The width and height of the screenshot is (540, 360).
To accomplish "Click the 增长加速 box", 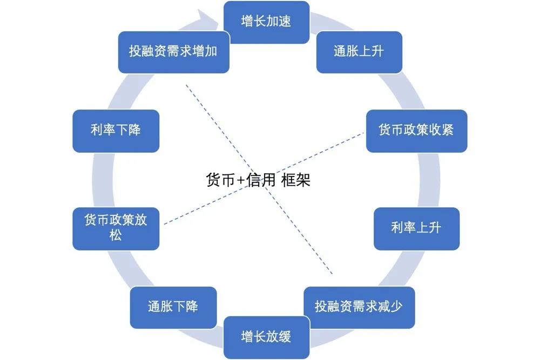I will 266,22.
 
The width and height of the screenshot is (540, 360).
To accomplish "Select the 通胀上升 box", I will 359,52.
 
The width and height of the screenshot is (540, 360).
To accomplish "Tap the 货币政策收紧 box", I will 416,131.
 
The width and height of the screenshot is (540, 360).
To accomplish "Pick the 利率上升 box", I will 416,228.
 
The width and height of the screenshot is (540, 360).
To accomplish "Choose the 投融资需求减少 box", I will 359,307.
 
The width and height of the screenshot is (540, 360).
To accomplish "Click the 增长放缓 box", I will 266,337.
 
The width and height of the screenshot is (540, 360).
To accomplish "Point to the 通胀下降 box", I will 173,307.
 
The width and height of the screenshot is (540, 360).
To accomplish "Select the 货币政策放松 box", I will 116,228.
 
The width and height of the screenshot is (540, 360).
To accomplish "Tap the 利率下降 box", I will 116,131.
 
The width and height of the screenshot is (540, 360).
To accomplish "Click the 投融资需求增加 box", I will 173,52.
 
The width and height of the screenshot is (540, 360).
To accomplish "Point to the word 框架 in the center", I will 296,180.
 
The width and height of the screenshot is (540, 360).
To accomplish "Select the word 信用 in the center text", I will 261,180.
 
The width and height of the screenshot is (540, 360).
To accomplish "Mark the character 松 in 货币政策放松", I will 116,235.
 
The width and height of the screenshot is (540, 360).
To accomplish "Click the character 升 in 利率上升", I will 435,228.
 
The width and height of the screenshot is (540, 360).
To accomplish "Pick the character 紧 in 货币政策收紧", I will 446,131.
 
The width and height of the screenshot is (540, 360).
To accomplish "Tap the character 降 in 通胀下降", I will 192,307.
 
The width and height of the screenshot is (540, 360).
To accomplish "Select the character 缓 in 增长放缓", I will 285,337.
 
